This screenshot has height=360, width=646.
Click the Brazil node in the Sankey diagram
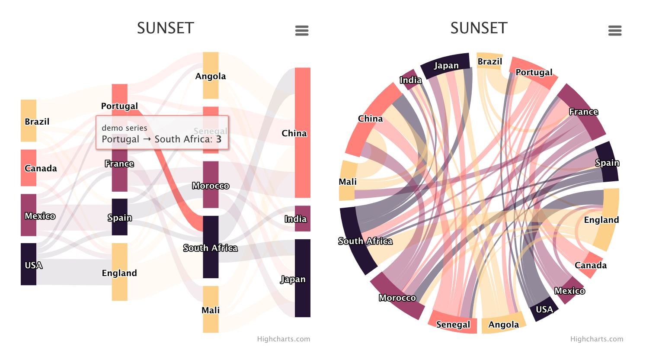point(29,121)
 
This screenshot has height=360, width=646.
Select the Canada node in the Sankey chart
point(29,168)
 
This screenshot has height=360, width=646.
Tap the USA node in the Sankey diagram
point(29,264)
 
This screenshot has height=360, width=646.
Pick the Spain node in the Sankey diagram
point(119,217)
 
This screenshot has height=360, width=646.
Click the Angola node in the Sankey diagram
point(211,75)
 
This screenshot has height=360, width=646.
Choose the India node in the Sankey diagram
point(302,219)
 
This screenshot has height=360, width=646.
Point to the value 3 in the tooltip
point(219,139)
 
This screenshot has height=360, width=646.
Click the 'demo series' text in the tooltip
point(125,128)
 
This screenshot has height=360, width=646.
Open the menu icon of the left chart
point(302,31)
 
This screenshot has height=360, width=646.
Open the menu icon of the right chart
point(614,31)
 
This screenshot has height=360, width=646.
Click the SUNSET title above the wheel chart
point(479,28)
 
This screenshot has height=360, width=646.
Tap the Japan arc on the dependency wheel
point(445,65)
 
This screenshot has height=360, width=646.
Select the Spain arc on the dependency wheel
point(608,162)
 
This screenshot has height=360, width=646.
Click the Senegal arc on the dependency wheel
point(452,324)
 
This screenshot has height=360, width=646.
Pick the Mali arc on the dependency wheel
point(348,181)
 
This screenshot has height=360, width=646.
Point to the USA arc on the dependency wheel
point(544,309)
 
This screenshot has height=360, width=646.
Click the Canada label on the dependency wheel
point(591,265)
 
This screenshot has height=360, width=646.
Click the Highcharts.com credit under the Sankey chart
point(283,339)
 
